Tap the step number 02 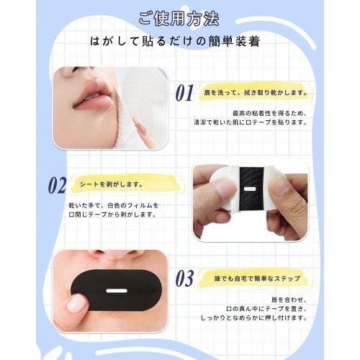coord(57,185)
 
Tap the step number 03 coord(185,278)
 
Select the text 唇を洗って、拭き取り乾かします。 coord(245,93)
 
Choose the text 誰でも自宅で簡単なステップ coord(243,278)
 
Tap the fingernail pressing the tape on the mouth coord(76,303)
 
